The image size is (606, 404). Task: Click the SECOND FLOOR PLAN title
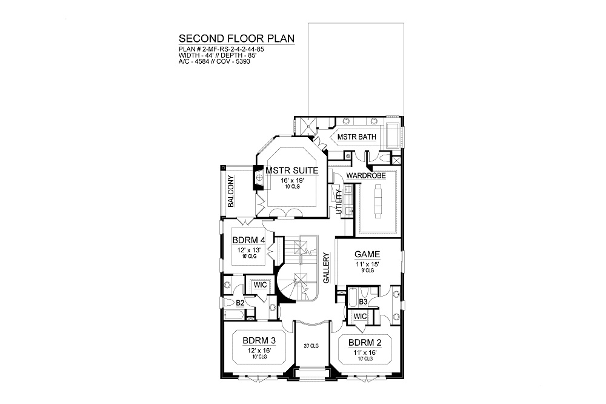pos(236,39)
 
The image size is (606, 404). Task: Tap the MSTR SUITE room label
pos(292,170)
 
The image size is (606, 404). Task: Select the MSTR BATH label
pos(356,137)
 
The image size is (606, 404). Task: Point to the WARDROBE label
pos(366,176)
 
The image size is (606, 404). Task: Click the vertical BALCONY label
pos(231,191)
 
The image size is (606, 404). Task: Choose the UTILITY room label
pos(339,201)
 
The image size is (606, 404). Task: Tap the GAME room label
pos(367,254)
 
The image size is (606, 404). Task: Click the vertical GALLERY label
pos(326,268)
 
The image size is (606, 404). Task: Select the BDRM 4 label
pos(248,240)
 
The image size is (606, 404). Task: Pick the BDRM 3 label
pos(259,341)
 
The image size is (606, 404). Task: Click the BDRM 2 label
pos(365,343)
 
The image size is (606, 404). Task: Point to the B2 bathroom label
pos(240,303)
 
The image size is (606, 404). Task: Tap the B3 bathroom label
pos(363,301)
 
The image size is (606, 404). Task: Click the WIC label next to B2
pos(260,285)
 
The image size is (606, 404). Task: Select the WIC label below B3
pos(360,317)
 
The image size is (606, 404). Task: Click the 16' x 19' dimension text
pos(292,180)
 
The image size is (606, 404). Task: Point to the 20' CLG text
pos(311,346)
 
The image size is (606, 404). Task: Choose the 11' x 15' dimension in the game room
pos(367,264)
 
